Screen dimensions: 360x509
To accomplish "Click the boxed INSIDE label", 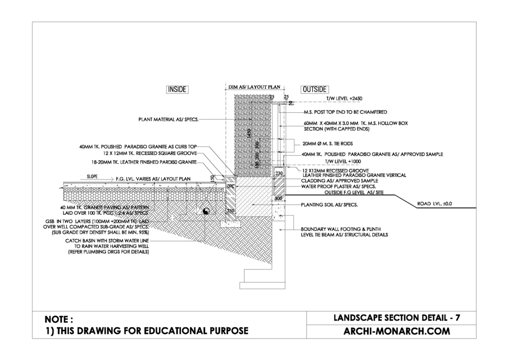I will point(177,90).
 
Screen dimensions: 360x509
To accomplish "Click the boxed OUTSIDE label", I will point(315,90).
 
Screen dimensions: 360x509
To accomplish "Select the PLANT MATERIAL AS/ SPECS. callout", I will point(170,119).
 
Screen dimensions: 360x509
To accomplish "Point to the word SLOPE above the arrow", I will point(93,176).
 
